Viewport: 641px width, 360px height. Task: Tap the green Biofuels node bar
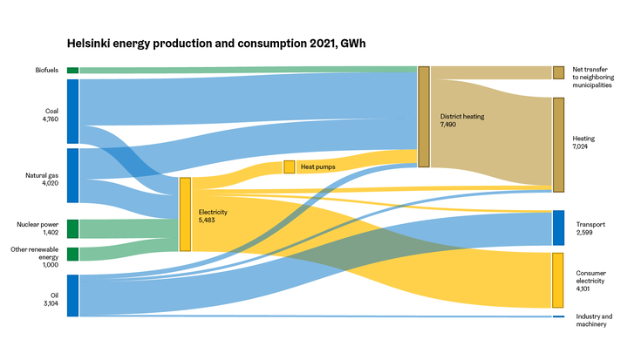72,70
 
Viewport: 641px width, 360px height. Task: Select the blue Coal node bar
72,111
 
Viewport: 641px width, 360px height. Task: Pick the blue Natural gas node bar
72,175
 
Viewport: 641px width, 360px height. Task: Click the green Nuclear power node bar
72,228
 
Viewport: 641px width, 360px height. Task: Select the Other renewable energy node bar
72,254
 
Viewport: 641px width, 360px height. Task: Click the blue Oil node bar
72,295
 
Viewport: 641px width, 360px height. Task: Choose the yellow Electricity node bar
185,214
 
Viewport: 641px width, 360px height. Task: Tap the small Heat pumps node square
289,166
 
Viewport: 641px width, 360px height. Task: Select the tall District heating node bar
424,116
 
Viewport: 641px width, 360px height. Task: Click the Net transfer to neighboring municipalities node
558,72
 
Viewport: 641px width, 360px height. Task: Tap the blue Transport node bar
558,228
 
